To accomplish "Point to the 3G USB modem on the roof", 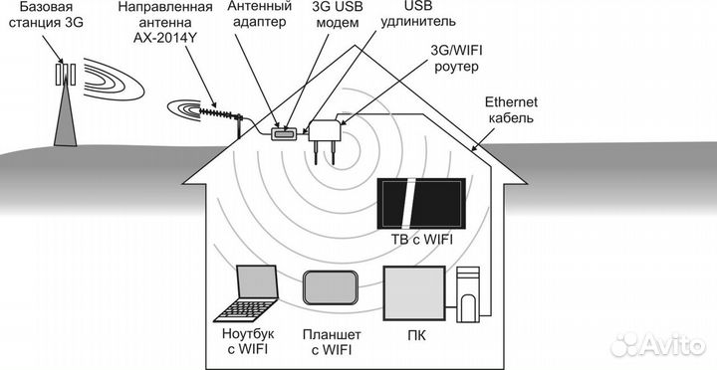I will click(283, 131).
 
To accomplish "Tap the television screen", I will click(420, 206).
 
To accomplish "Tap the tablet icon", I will click(331, 289).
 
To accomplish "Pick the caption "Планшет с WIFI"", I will click(332, 344).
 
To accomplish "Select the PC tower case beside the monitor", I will click(468, 295).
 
